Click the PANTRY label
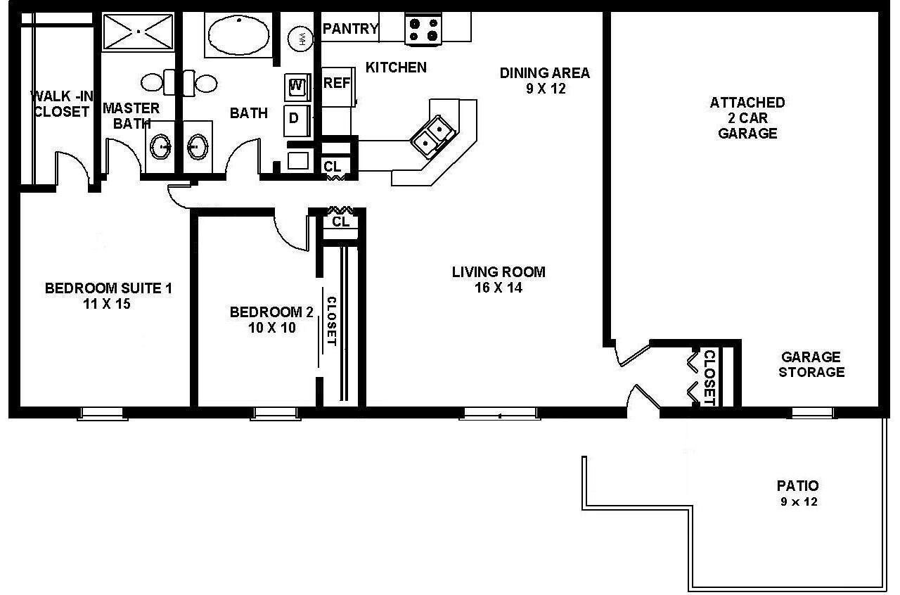[x=350, y=29]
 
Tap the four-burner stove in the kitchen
[x=423, y=29]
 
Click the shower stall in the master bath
[x=138, y=32]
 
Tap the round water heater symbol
[x=302, y=38]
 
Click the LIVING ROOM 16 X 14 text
[x=498, y=279]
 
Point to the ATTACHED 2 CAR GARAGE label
[x=747, y=117]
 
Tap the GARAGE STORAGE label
[x=811, y=364]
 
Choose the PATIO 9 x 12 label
[x=797, y=492]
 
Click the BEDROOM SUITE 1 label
[x=108, y=295]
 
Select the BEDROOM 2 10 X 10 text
[x=271, y=319]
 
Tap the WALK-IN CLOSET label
[x=60, y=103]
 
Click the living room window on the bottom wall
[x=499, y=414]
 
